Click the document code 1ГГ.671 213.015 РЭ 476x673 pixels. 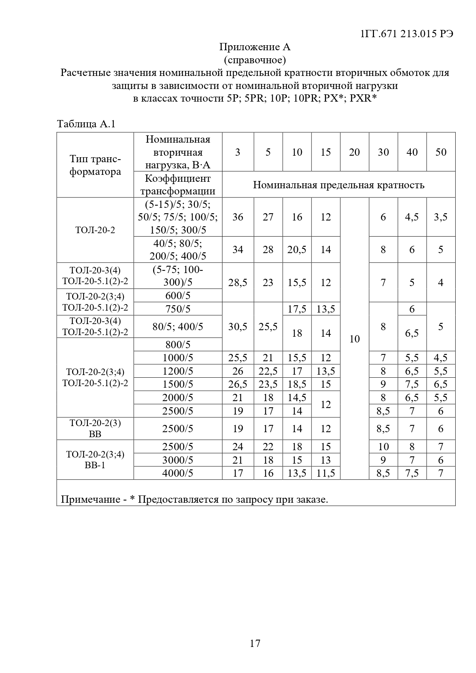click(407, 34)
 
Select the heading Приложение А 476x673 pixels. click(255, 47)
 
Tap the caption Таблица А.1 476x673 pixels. click(86, 124)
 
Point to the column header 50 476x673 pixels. click(441, 152)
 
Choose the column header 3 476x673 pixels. click(238, 152)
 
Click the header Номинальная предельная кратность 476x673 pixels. click(338, 185)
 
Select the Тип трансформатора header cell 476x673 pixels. click(95, 165)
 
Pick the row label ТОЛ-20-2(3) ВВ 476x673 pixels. click(95, 428)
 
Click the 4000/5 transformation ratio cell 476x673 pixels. click(178, 473)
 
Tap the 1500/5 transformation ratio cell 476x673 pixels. click(178, 384)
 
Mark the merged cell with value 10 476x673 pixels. click(354, 339)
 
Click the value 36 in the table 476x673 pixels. click(238, 217)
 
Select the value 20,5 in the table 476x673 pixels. click(297, 250)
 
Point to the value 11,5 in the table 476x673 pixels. click(326, 473)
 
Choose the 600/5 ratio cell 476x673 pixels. click(178, 296)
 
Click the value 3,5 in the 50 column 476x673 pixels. click(441, 217)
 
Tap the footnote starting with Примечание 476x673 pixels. click(194, 499)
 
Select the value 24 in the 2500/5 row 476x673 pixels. click(238, 447)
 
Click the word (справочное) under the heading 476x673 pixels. click(255, 60)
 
